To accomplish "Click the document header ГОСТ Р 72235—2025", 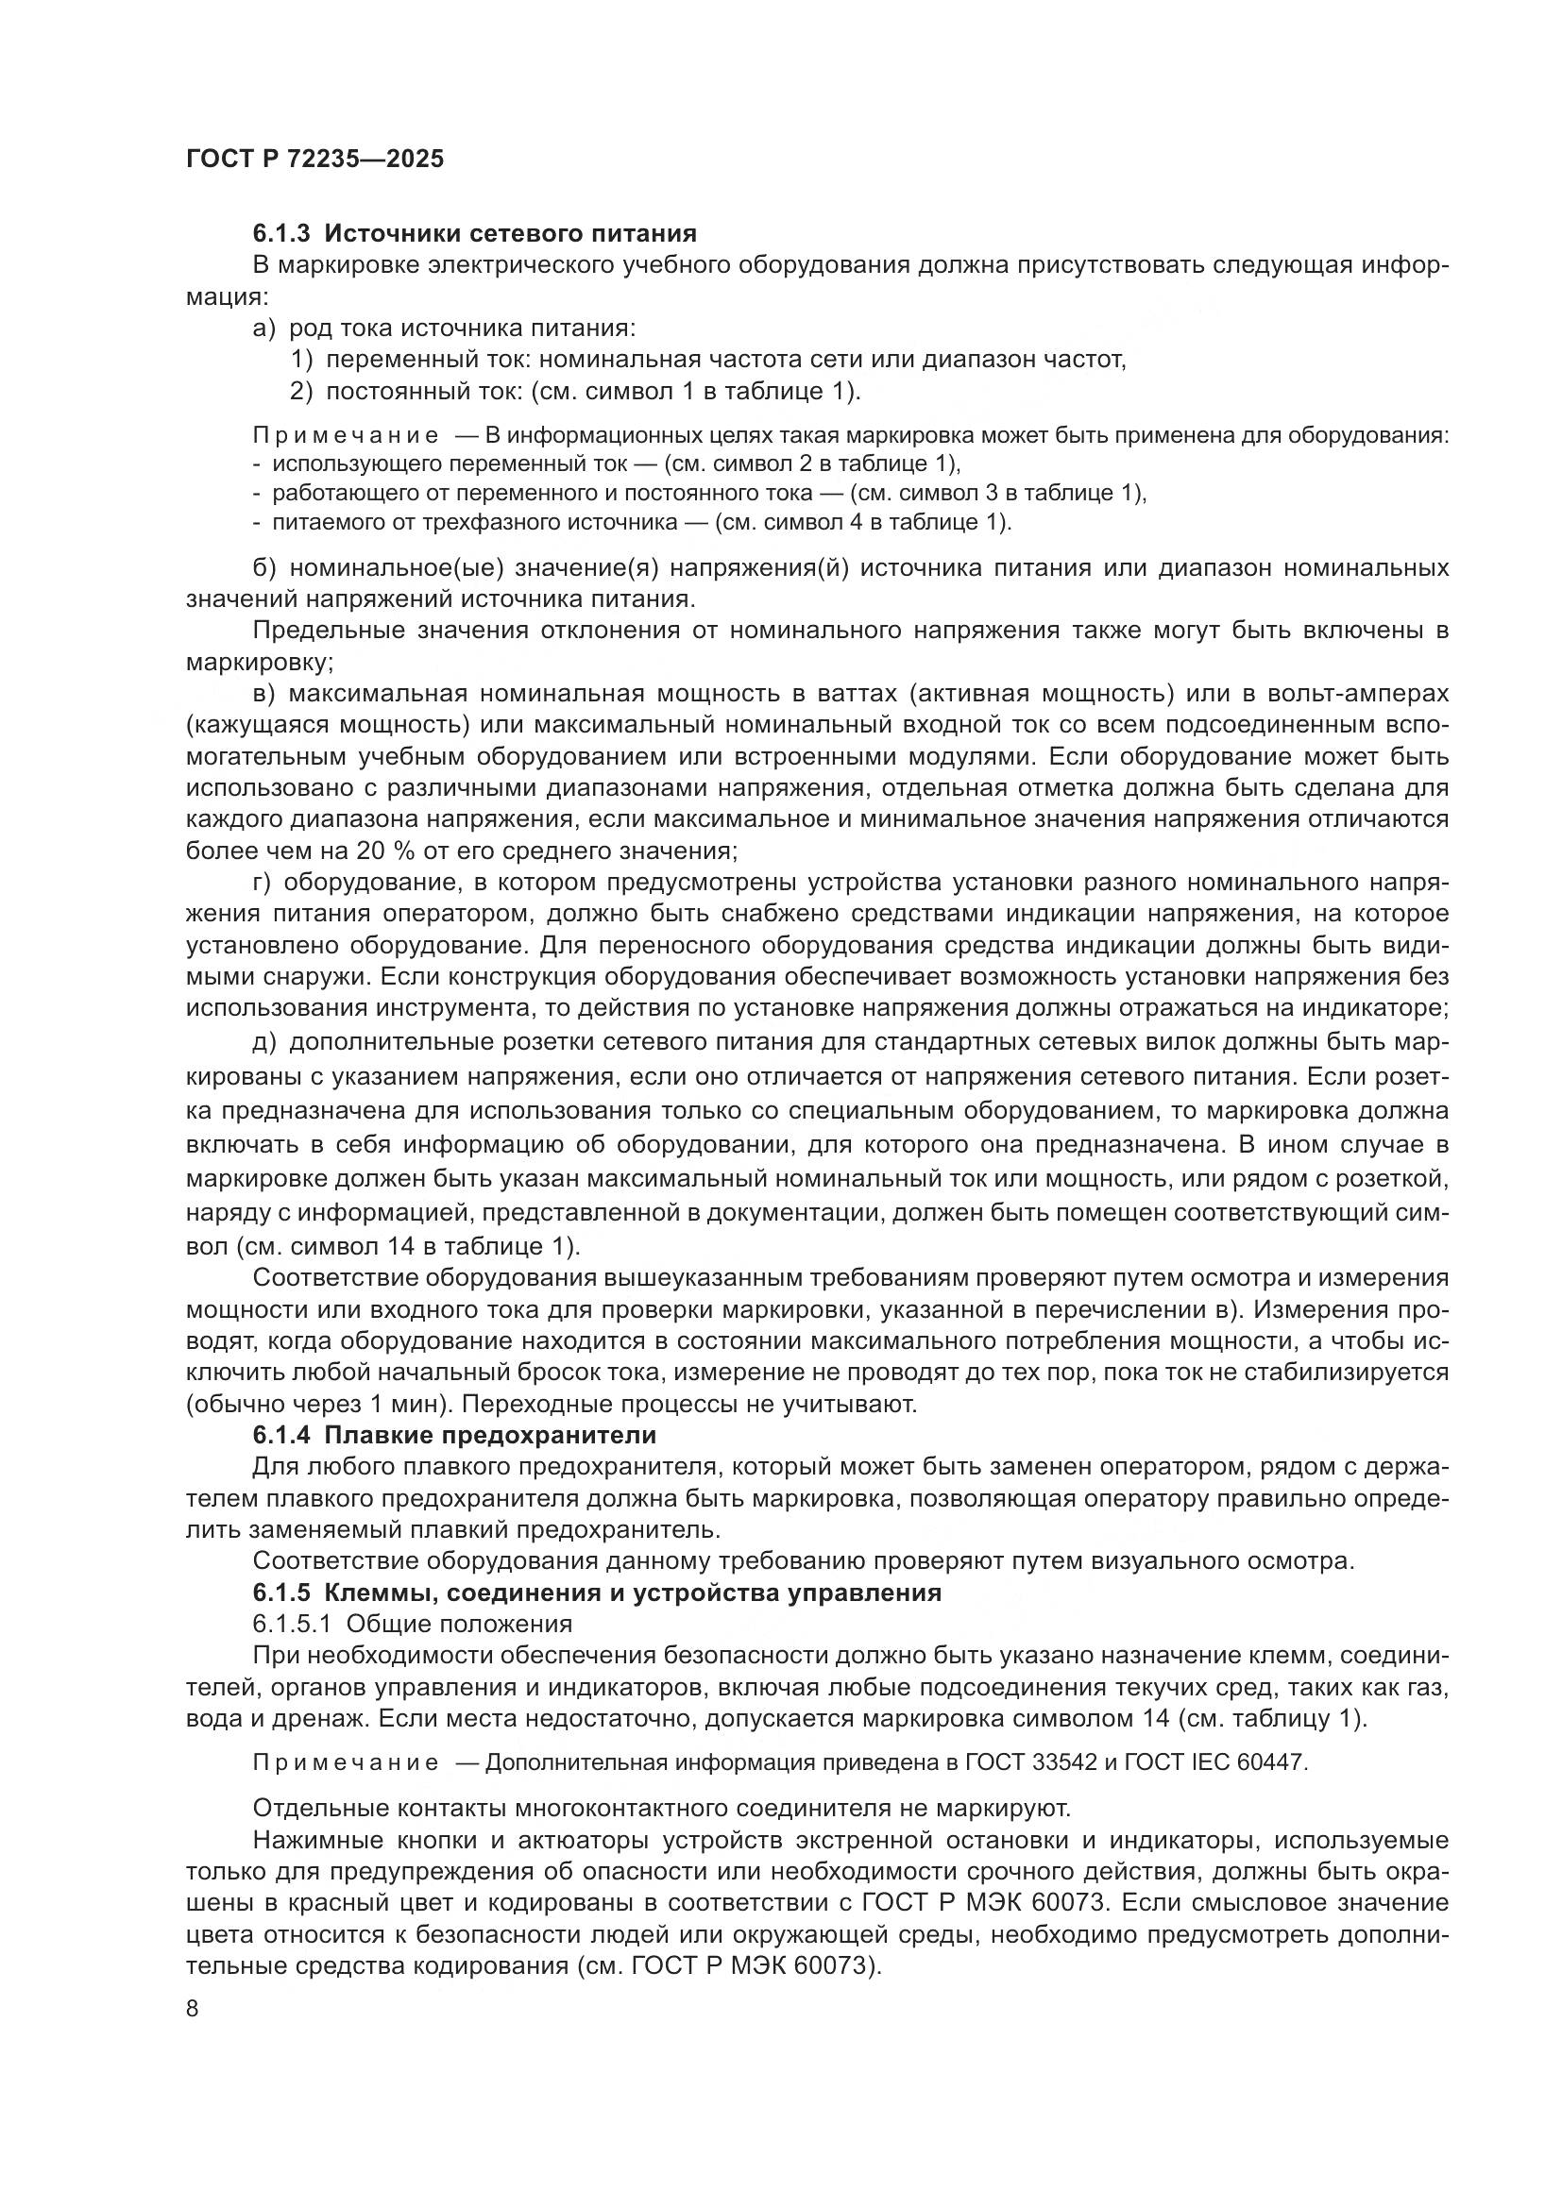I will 315,159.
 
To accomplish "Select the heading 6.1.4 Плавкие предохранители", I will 454,1436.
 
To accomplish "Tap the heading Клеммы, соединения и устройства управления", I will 632,1593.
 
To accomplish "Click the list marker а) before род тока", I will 264,329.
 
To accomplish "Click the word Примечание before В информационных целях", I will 346,435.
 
